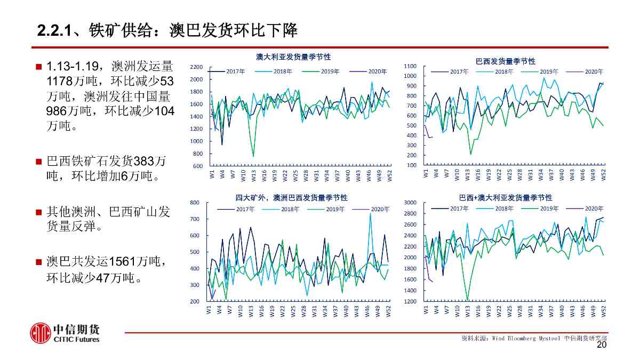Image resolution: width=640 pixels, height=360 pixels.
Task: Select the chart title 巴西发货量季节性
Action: (x=505, y=62)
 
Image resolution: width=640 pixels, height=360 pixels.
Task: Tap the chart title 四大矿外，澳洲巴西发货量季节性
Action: (x=292, y=197)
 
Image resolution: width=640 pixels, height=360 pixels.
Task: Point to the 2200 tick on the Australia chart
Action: (x=196, y=67)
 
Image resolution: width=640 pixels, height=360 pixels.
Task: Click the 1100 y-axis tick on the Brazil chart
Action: (x=410, y=66)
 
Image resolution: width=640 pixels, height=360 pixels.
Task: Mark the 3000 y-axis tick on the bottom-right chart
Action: (x=410, y=203)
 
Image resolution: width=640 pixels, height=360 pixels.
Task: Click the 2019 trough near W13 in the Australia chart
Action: (x=253, y=156)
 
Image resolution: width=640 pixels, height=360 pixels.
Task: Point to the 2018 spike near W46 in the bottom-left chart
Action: (x=370, y=213)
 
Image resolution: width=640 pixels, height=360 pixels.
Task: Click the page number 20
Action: (x=602, y=346)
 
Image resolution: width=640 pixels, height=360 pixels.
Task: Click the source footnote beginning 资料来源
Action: (x=533, y=338)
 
